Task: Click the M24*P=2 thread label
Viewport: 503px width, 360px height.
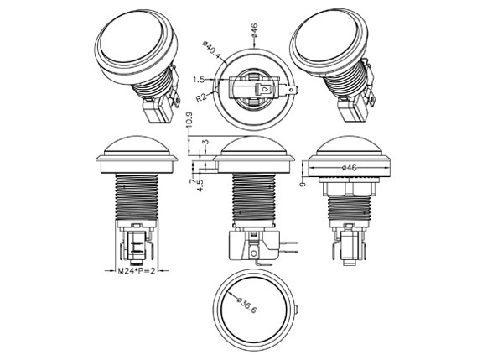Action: pos(137,271)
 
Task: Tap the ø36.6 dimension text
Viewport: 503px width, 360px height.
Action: pos(247,305)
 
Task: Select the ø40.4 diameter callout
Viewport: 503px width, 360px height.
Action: pos(212,50)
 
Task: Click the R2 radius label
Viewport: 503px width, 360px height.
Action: pos(201,97)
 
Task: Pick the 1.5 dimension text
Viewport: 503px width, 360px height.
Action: pos(199,80)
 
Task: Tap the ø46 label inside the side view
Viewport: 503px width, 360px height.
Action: pos(349,168)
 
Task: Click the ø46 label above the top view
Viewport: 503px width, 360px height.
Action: pos(254,30)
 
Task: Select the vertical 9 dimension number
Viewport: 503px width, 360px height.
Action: pos(303,184)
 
